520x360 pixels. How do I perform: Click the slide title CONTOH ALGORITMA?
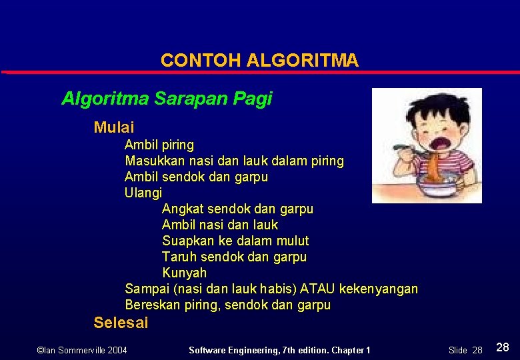tap(259, 61)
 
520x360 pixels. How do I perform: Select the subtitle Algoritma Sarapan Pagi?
tap(167, 99)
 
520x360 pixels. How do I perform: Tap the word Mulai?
tap(114, 127)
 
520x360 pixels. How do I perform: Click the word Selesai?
tap(121, 323)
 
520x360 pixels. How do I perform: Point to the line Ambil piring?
tap(159, 145)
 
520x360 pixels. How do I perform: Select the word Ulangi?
tap(143, 193)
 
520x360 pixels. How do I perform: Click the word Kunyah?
tap(185, 273)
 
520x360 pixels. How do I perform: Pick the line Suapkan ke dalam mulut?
tap(235, 241)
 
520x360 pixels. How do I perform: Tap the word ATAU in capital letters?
tap(318, 289)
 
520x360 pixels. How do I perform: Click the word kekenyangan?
tap(379, 289)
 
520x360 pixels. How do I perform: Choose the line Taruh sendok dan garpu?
tap(234, 257)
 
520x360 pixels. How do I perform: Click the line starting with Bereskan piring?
tap(227, 305)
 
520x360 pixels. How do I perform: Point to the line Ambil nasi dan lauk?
tap(220, 225)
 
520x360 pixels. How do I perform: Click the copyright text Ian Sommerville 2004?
tap(81, 350)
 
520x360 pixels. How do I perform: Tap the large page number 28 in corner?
tap(503, 347)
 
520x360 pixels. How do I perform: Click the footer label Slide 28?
tap(465, 350)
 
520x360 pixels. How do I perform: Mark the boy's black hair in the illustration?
tap(427, 107)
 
